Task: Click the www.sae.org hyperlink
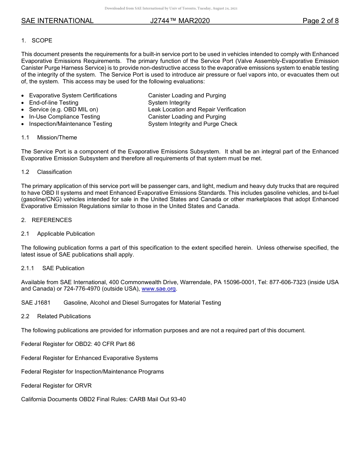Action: (159, 289)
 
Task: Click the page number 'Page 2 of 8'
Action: (321, 21)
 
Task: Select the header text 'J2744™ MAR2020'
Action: (180, 21)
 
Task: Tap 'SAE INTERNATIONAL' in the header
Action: (57, 21)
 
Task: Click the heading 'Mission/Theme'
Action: (57, 138)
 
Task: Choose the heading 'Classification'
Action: (54, 172)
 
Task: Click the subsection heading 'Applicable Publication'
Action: (66, 234)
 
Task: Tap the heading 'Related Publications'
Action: (64, 316)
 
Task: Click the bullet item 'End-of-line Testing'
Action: (54, 103)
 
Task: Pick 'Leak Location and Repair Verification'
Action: (197, 109)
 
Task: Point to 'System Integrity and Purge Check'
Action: (193, 124)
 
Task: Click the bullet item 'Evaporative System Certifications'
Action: (73, 95)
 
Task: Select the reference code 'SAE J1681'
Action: (36, 303)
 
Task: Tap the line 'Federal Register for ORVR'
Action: (56, 386)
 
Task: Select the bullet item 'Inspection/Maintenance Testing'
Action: (70, 124)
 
